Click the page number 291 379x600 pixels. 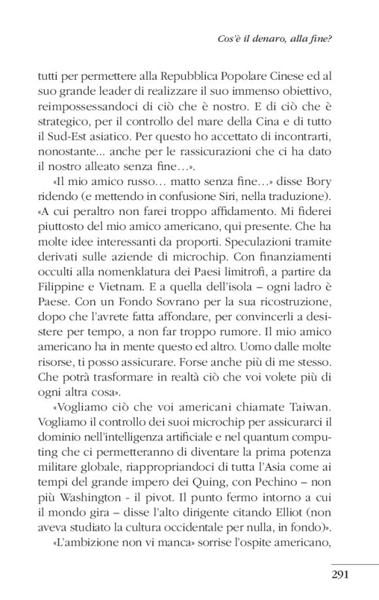tap(344, 575)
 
